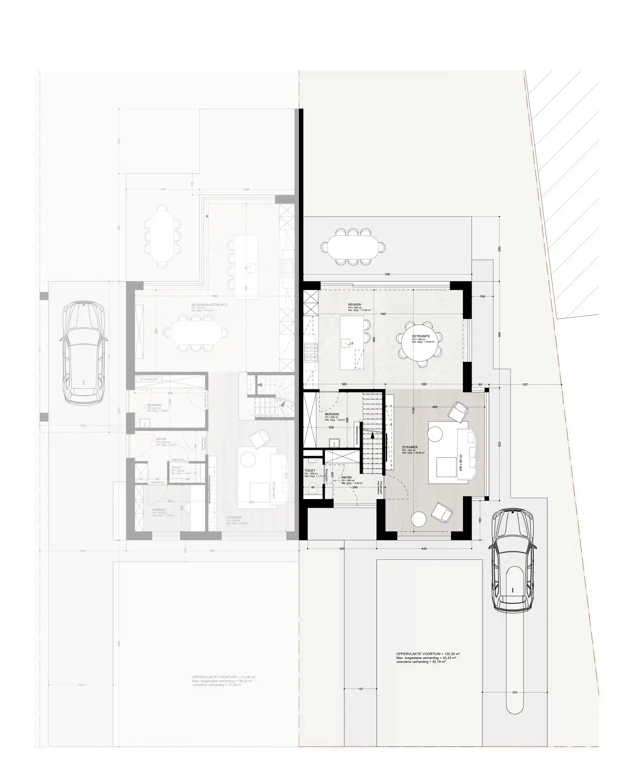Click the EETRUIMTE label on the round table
(421, 336)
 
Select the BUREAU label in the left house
(158, 509)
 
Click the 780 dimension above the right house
(387, 274)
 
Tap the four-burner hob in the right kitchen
(311, 352)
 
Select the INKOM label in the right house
(346, 478)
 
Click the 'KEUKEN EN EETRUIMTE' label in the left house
(209, 304)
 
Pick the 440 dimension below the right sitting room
(424, 549)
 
